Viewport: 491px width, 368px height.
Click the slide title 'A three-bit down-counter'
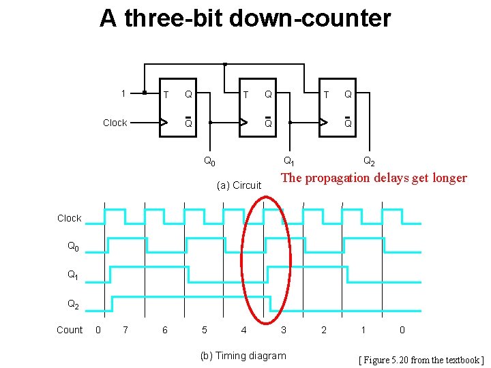pos(245,18)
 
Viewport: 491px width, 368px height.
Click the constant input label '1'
pos(123,93)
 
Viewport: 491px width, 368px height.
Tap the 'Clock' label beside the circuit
pos(115,123)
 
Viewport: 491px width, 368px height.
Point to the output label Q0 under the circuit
pos(210,162)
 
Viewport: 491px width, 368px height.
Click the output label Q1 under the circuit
pos(289,162)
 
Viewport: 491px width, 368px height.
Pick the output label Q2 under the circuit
pos(368,162)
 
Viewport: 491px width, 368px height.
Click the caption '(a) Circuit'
pos(239,185)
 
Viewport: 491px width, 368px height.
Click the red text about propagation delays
pos(374,179)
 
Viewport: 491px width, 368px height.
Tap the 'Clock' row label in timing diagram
pos(69,218)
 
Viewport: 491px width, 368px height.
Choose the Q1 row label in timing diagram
pos(72,275)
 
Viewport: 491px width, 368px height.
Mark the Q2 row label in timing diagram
pos(72,305)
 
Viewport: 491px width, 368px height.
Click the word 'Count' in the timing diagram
pos(69,330)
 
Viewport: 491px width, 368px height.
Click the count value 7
pos(124,330)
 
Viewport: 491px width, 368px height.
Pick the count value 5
pos(205,330)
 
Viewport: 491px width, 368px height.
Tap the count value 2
pos(324,330)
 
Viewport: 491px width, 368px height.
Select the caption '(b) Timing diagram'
pos(243,356)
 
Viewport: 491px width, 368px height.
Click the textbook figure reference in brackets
pos(421,360)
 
